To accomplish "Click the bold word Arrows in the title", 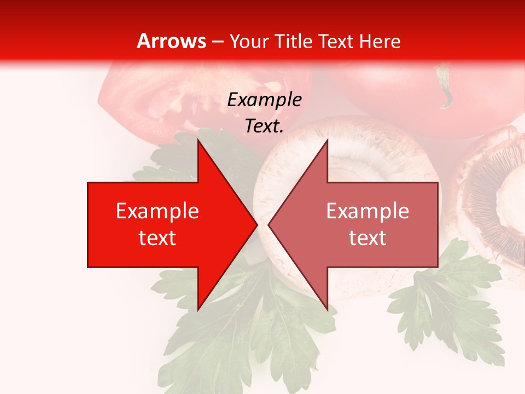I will point(171,41).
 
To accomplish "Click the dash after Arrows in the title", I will point(217,42).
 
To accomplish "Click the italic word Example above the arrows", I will point(264,100).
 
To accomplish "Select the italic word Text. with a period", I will point(264,126).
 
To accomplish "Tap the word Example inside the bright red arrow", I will point(157,211).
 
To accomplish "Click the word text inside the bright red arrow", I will point(157,238).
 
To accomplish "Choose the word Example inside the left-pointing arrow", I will point(367,211).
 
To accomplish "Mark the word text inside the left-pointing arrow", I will point(367,238).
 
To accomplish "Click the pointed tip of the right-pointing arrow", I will point(255,224).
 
